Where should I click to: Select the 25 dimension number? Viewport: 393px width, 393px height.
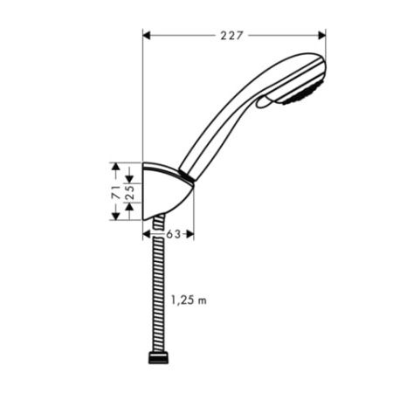[x=129, y=191]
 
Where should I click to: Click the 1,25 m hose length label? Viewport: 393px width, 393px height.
[x=189, y=300]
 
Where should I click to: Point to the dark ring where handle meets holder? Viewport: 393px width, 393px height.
[x=187, y=173]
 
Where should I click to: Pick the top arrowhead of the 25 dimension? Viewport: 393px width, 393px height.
[x=129, y=178]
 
